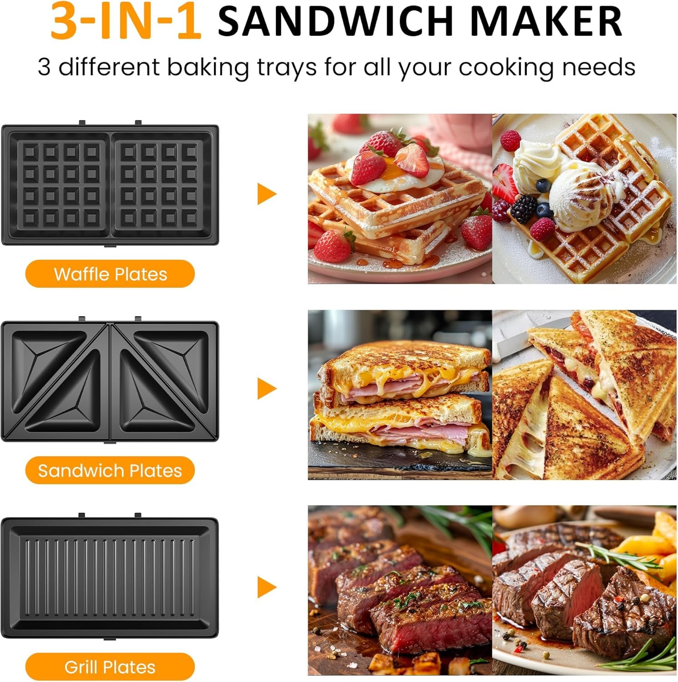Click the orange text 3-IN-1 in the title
pyautogui.click(x=126, y=22)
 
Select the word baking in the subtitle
pyautogui.click(x=207, y=67)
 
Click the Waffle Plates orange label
pyautogui.click(x=110, y=274)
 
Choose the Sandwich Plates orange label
pyautogui.click(x=110, y=471)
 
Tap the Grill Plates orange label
pyautogui.click(x=110, y=667)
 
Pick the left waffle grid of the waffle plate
pyautogui.click(x=60, y=184)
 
